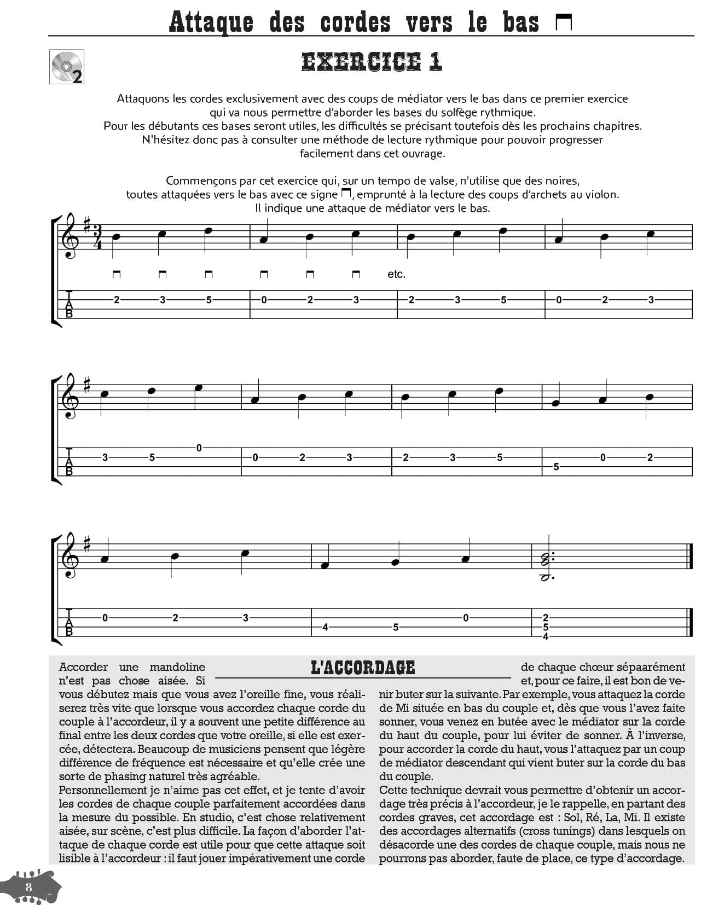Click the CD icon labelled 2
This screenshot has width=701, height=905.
click(66, 67)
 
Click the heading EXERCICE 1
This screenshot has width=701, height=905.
click(372, 62)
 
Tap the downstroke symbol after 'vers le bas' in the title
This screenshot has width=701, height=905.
click(564, 22)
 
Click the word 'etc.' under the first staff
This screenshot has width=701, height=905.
click(396, 274)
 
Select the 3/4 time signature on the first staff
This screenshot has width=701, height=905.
click(97, 236)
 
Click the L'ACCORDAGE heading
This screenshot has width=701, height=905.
click(363, 668)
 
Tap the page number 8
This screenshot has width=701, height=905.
click(28, 887)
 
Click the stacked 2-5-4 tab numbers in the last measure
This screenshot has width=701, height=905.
click(546, 627)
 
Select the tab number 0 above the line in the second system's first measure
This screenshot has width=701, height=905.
click(199, 448)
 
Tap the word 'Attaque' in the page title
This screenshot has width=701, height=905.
click(211, 22)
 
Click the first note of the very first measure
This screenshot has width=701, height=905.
click(115, 237)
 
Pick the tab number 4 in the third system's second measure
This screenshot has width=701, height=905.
click(325, 627)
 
